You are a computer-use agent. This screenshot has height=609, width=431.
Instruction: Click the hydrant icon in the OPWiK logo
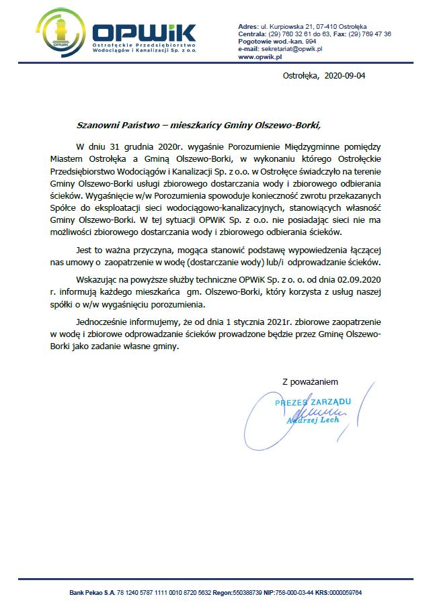click(58, 33)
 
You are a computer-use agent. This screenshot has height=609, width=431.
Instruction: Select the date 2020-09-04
click(345, 76)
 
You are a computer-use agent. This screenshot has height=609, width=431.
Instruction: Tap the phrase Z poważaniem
click(310, 381)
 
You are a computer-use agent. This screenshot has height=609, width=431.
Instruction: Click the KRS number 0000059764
click(344, 594)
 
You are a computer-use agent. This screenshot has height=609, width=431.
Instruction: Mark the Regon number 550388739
click(245, 594)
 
